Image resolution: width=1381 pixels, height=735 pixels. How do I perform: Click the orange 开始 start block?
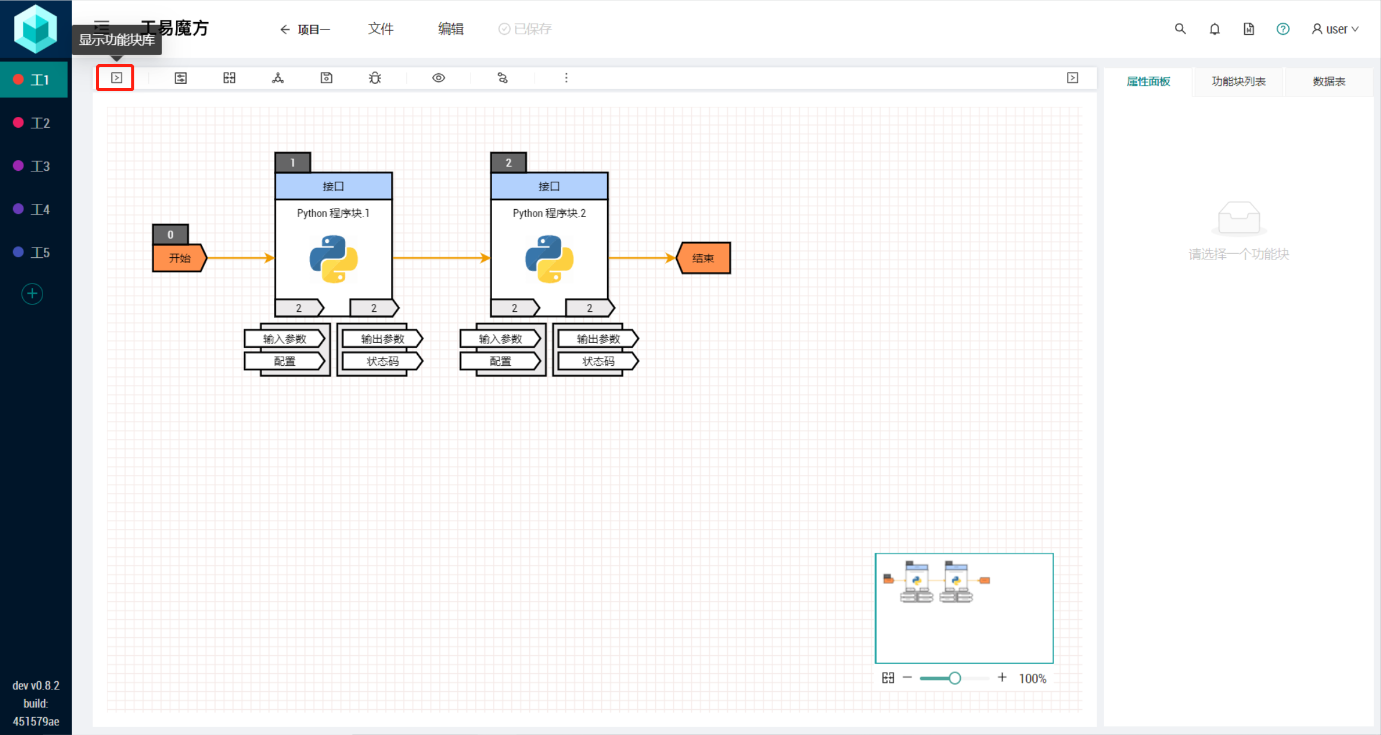179,258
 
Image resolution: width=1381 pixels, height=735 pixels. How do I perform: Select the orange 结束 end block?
703,258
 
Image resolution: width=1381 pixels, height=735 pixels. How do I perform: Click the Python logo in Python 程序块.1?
333,258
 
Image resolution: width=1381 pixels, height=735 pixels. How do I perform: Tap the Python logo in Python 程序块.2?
549,258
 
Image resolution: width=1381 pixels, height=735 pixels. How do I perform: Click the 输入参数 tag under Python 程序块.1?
285,339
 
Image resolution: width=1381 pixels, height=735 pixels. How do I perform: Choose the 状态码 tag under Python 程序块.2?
598,361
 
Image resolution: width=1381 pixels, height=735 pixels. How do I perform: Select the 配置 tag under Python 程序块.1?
285,361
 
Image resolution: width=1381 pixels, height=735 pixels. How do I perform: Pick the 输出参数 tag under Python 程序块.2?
598,339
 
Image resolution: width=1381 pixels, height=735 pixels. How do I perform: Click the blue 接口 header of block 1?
333,186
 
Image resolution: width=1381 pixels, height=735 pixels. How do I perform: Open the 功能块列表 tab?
1238,82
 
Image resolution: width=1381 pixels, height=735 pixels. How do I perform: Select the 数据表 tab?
1329,82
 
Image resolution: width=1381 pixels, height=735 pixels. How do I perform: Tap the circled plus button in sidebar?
32,294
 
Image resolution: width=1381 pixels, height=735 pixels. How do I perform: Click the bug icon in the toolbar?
375,78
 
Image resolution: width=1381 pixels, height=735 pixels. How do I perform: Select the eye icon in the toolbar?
439,78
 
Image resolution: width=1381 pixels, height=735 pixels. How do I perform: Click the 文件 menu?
381,29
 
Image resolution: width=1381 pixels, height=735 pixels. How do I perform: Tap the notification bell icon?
1214,29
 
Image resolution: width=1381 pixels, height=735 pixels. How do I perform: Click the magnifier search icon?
1180,29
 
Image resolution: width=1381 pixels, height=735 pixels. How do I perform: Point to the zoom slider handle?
955,678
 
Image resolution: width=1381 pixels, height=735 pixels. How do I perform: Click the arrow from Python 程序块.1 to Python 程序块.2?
442,258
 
